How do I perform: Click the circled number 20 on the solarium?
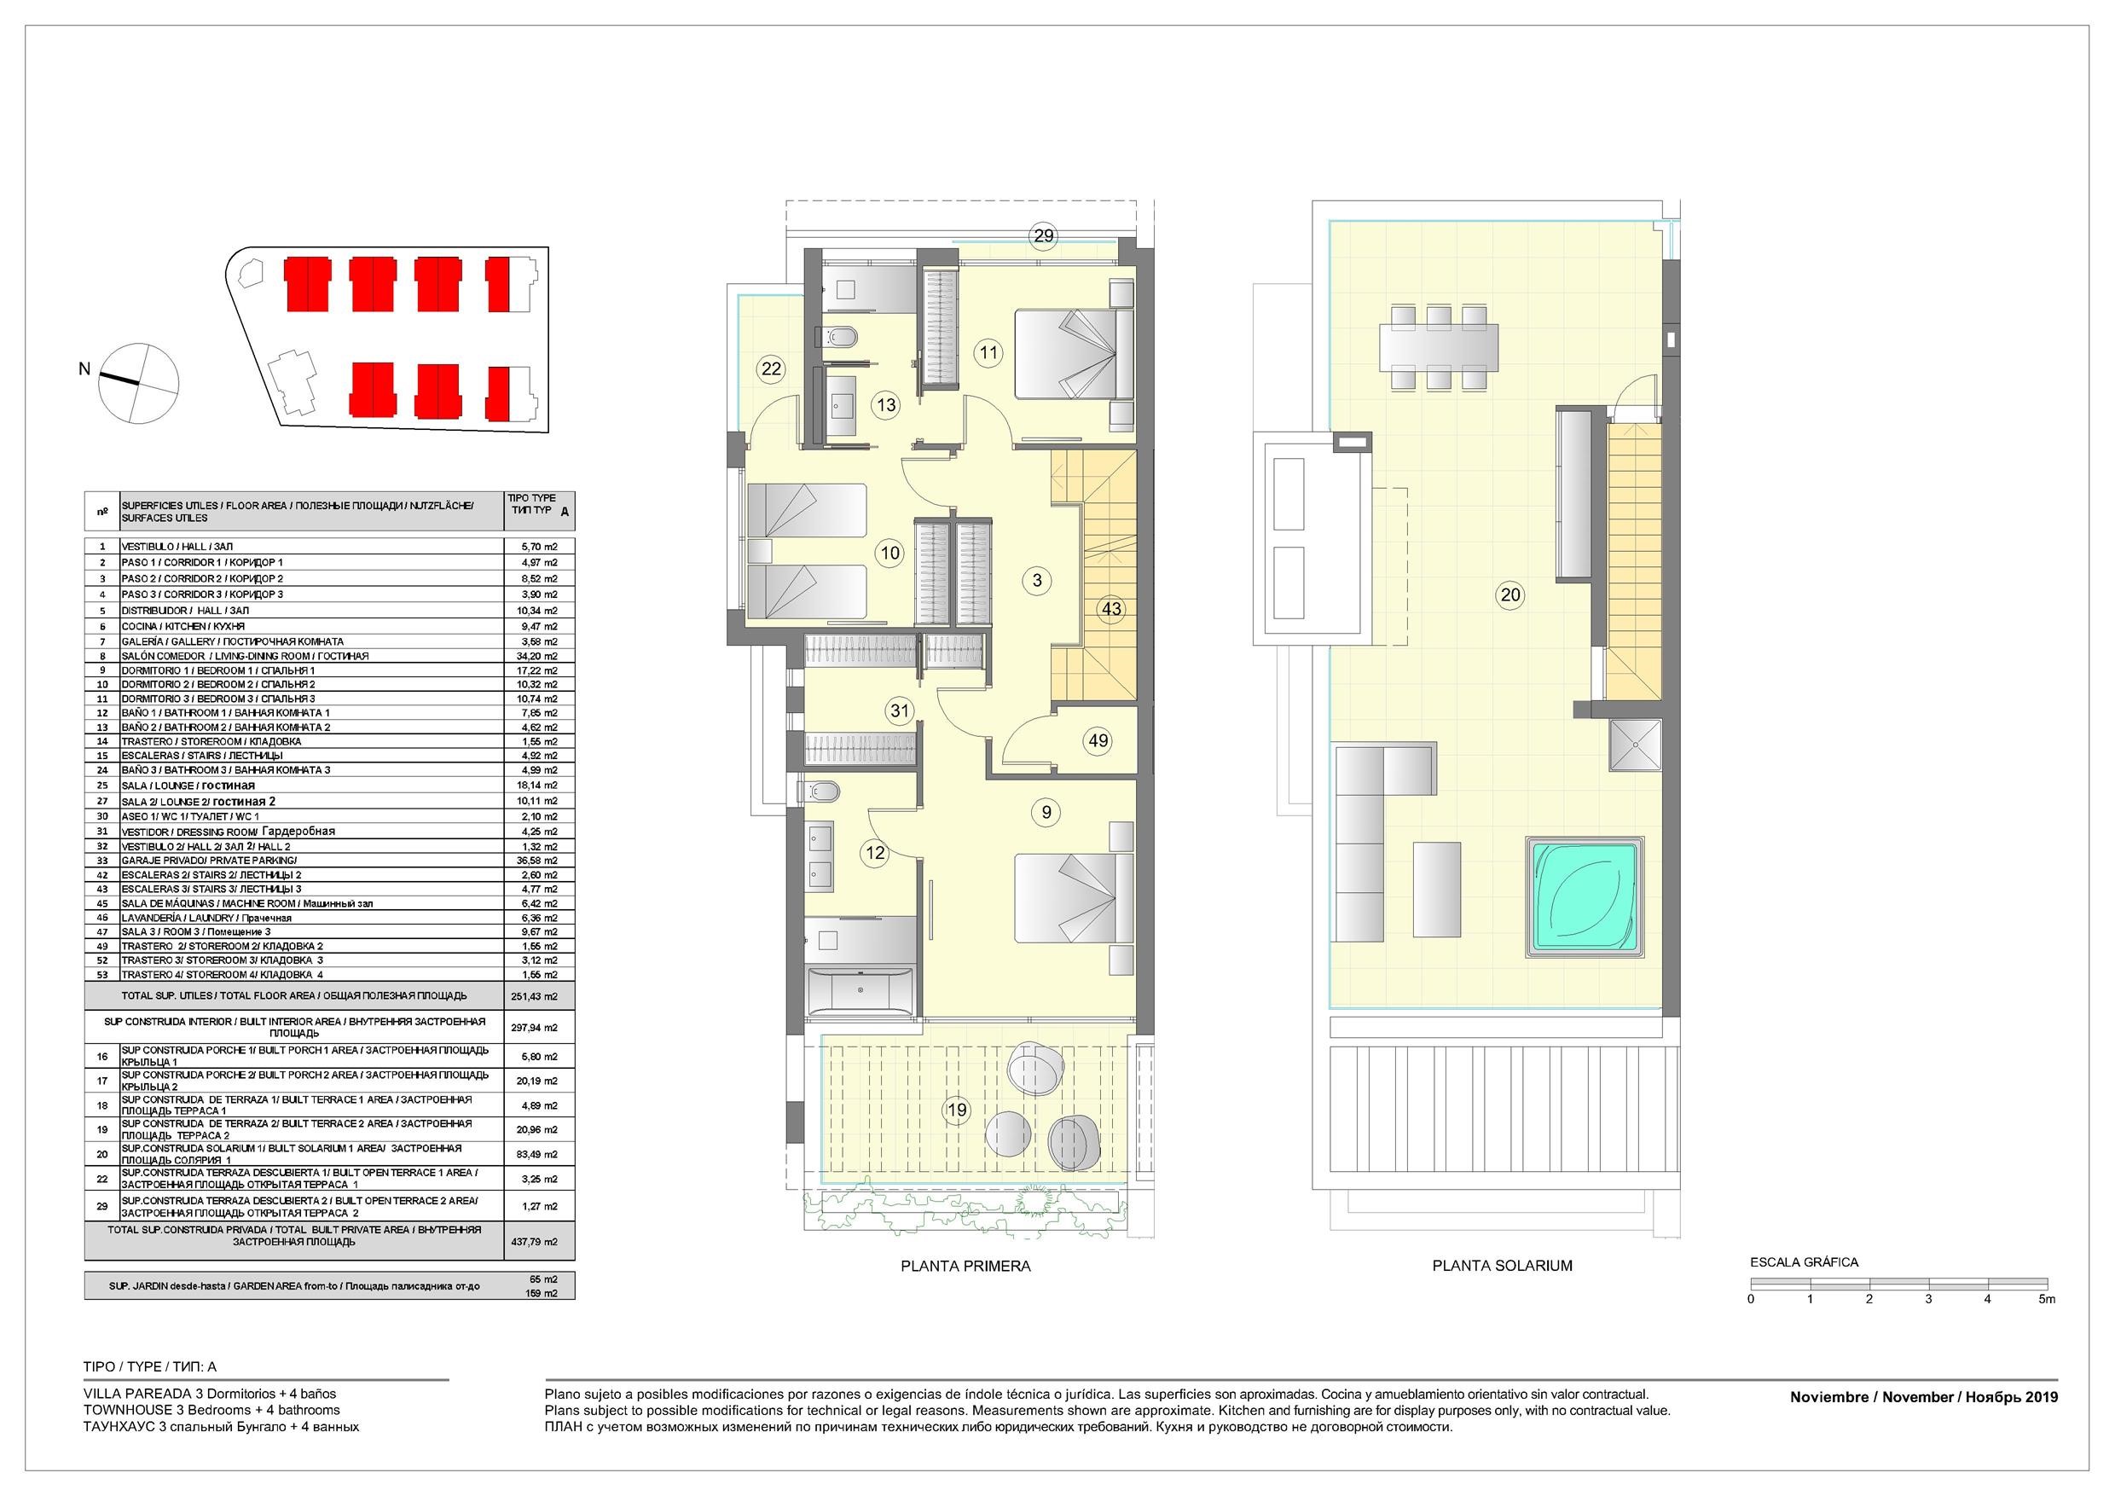pos(1509,595)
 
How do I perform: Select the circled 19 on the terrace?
pos(957,1110)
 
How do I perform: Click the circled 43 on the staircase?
pos(1111,608)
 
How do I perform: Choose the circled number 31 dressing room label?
pos(900,710)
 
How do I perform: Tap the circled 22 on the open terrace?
pos(771,369)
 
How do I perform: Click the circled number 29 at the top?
pos(1043,235)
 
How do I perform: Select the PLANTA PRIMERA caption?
pos(965,1266)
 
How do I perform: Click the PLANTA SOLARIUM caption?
pos(1502,1266)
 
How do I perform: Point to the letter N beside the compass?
pos(84,369)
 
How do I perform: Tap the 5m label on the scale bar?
pos(2047,1299)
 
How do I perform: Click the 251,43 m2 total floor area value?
pos(539,996)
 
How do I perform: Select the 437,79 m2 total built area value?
pos(539,1242)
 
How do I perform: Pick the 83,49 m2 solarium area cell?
pos(539,1154)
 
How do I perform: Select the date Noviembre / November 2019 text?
pos(1923,1397)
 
